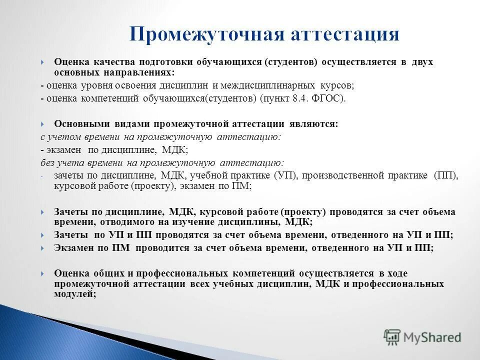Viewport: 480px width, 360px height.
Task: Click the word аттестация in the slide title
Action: (344, 34)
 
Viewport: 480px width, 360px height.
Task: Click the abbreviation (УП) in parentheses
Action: (284, 175)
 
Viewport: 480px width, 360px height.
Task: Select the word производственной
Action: (341, 175)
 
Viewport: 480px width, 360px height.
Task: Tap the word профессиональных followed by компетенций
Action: (187, 273)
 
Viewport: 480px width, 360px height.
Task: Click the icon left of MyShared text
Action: (392, 337)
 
